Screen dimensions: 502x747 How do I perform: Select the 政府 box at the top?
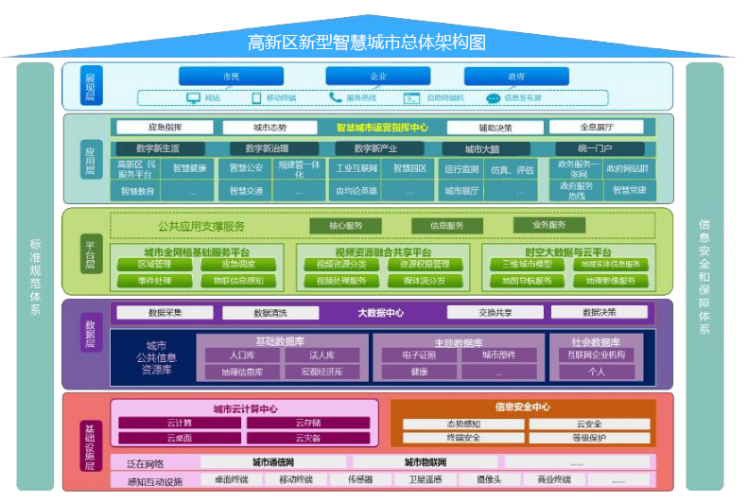(515, 76)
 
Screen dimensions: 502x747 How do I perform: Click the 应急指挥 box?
(165, 127)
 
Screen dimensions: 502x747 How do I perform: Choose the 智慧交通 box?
(246, 190)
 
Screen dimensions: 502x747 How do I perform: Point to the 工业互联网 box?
(356, 169)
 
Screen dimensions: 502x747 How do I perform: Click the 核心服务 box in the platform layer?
(345, 226)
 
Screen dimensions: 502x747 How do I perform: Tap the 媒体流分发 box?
(417, 280)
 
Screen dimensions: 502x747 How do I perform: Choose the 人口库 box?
(241, 355)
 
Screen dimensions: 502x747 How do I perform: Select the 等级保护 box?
(587, 438)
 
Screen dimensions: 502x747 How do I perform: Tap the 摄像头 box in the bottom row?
(488, 479)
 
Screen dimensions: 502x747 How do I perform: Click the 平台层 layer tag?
(90, 252)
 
